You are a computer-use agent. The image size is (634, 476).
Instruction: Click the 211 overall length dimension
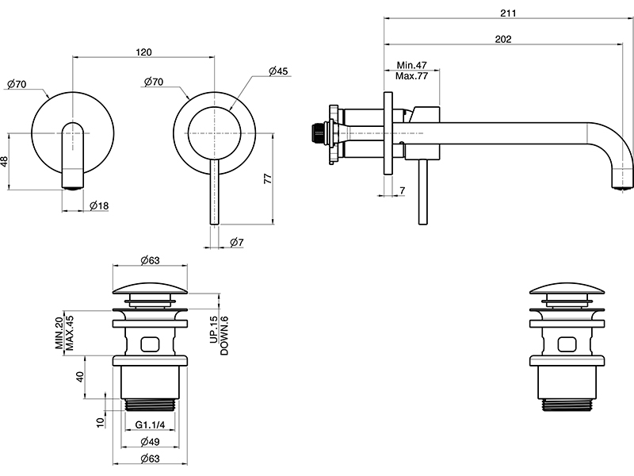point(509,13)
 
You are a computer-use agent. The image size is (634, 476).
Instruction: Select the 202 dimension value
point(502,39)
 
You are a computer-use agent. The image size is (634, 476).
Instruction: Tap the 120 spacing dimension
point(143,52)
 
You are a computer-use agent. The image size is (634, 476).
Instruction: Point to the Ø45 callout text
point(278,71)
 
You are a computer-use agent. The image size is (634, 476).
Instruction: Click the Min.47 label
point(411,64)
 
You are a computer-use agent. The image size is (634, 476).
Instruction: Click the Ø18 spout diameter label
point(99,206)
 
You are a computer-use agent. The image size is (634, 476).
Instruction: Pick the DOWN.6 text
point(224,335)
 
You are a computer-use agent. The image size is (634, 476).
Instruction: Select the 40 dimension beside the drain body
point(80,377)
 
